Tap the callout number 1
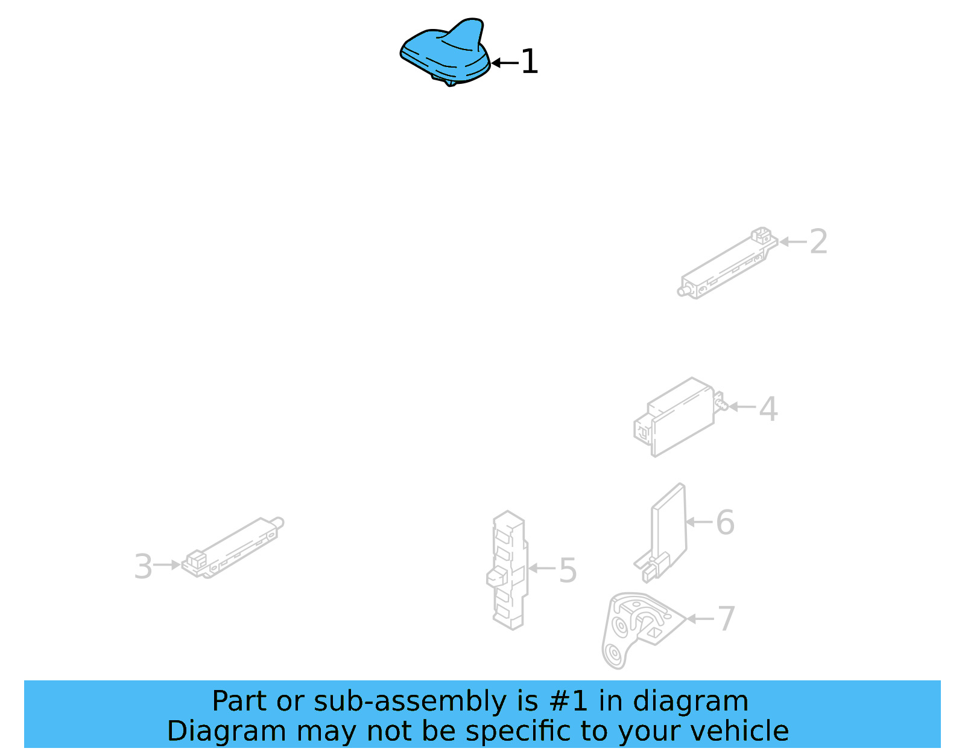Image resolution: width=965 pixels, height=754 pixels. (529, 62)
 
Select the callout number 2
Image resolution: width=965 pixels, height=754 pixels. (818, 241)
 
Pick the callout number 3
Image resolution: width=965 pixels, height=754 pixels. (144, 566)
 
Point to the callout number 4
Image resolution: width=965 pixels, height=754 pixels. (768, 408)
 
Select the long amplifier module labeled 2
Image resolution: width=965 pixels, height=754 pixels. (727, 263)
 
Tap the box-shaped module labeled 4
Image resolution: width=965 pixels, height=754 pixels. (680, 417)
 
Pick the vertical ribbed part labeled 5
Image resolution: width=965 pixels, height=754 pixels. (508, 570)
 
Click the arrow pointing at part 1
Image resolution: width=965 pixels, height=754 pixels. (505, 63)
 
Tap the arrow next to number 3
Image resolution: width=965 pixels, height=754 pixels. (167, 565)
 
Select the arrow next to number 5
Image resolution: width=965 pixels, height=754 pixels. (542, 568)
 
